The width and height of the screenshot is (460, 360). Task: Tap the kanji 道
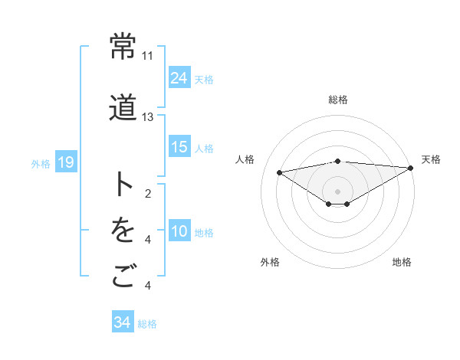pyautogui.click(x=123, y=107)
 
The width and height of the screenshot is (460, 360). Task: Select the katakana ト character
pyautogui.click(x=123, y=185)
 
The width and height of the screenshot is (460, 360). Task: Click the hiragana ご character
pyautogui.click(x=123, y=277)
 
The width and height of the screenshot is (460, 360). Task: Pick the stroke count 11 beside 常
pyautogui.click(x=147, y=56)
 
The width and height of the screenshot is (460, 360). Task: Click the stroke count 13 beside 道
pyautogui.click(x=147, y=117)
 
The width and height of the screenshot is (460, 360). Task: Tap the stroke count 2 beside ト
pyautogui.click(x=147, y=194)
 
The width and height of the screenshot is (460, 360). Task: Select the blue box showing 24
pyautogui.click(x=179, y=77)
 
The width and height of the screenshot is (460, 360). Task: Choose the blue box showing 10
pyautogui.click(x=179, y=231)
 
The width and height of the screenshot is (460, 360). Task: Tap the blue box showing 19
pyautogui.click(x=65, y=162)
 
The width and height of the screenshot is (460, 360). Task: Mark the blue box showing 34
pyautogui.click(x=122, y=322)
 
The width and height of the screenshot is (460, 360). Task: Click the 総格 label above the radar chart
pyautogui.click(x=337, y=100)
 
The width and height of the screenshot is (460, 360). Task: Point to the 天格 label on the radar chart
pyautogui.click(x=431, y=159)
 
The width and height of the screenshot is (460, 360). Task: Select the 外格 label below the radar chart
pyautogui.click(x=270, y=262)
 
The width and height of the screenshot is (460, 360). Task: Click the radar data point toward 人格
pyautogui.click(x=280, y=172)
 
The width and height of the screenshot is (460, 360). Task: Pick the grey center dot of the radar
pyautogui.click(x=337, y=190)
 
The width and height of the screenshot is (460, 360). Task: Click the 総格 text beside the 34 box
pyautogui.click(x=147, y=324)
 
